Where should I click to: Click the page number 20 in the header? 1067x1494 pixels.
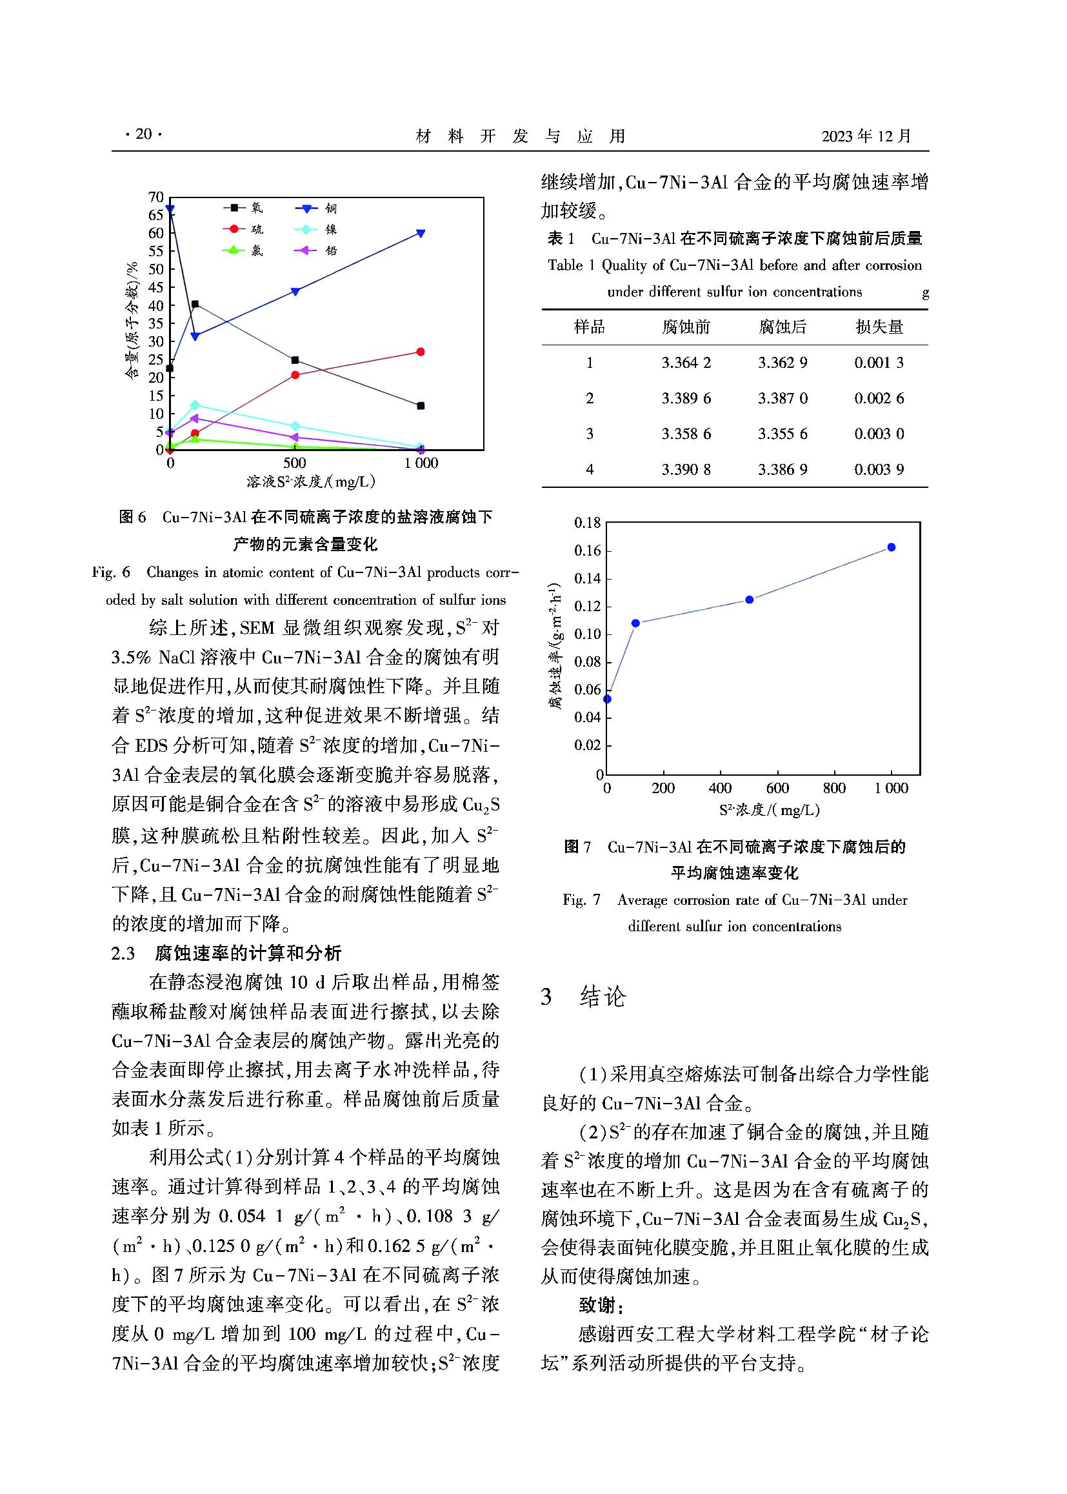143,135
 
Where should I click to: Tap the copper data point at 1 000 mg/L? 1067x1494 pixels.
421,234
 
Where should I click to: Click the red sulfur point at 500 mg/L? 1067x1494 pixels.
295,376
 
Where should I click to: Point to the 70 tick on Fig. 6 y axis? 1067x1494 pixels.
155,197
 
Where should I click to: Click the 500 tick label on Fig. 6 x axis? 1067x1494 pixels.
295,463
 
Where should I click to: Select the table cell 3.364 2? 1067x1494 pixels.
686,363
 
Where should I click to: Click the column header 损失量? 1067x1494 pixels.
879,327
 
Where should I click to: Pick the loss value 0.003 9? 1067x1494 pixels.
879,469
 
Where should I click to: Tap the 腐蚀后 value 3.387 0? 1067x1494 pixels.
783,398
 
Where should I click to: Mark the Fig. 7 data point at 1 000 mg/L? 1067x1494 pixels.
892,547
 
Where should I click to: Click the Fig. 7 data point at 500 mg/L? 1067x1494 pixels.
749,600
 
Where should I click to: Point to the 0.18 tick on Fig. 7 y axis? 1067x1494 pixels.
588,523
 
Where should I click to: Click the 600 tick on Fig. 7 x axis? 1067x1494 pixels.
777,789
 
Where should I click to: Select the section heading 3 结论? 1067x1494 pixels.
583,997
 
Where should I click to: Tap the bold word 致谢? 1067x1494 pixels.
601,1305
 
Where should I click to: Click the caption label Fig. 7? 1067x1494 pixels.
581,900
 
